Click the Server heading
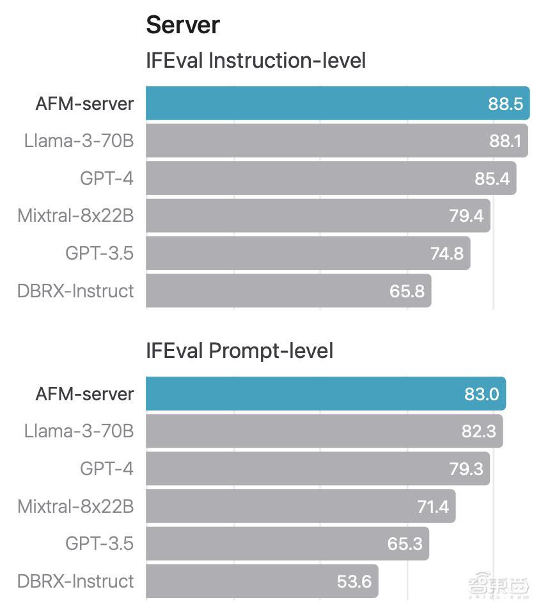183,25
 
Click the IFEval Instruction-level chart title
256,61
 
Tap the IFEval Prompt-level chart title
239,350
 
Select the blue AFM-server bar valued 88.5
338,103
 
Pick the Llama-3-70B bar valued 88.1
336,140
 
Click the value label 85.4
492,178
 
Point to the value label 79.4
466,215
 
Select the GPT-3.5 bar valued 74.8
308,253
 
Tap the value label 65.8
407,291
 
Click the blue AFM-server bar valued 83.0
325,393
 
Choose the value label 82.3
478,431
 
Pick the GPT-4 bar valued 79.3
317,469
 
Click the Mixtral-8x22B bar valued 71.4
301,506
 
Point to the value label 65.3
405,544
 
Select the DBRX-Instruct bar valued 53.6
262,581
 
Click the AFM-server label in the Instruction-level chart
84,103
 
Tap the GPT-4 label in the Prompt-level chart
107,469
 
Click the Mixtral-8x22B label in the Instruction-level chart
75,215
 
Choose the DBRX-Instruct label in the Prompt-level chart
75,581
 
